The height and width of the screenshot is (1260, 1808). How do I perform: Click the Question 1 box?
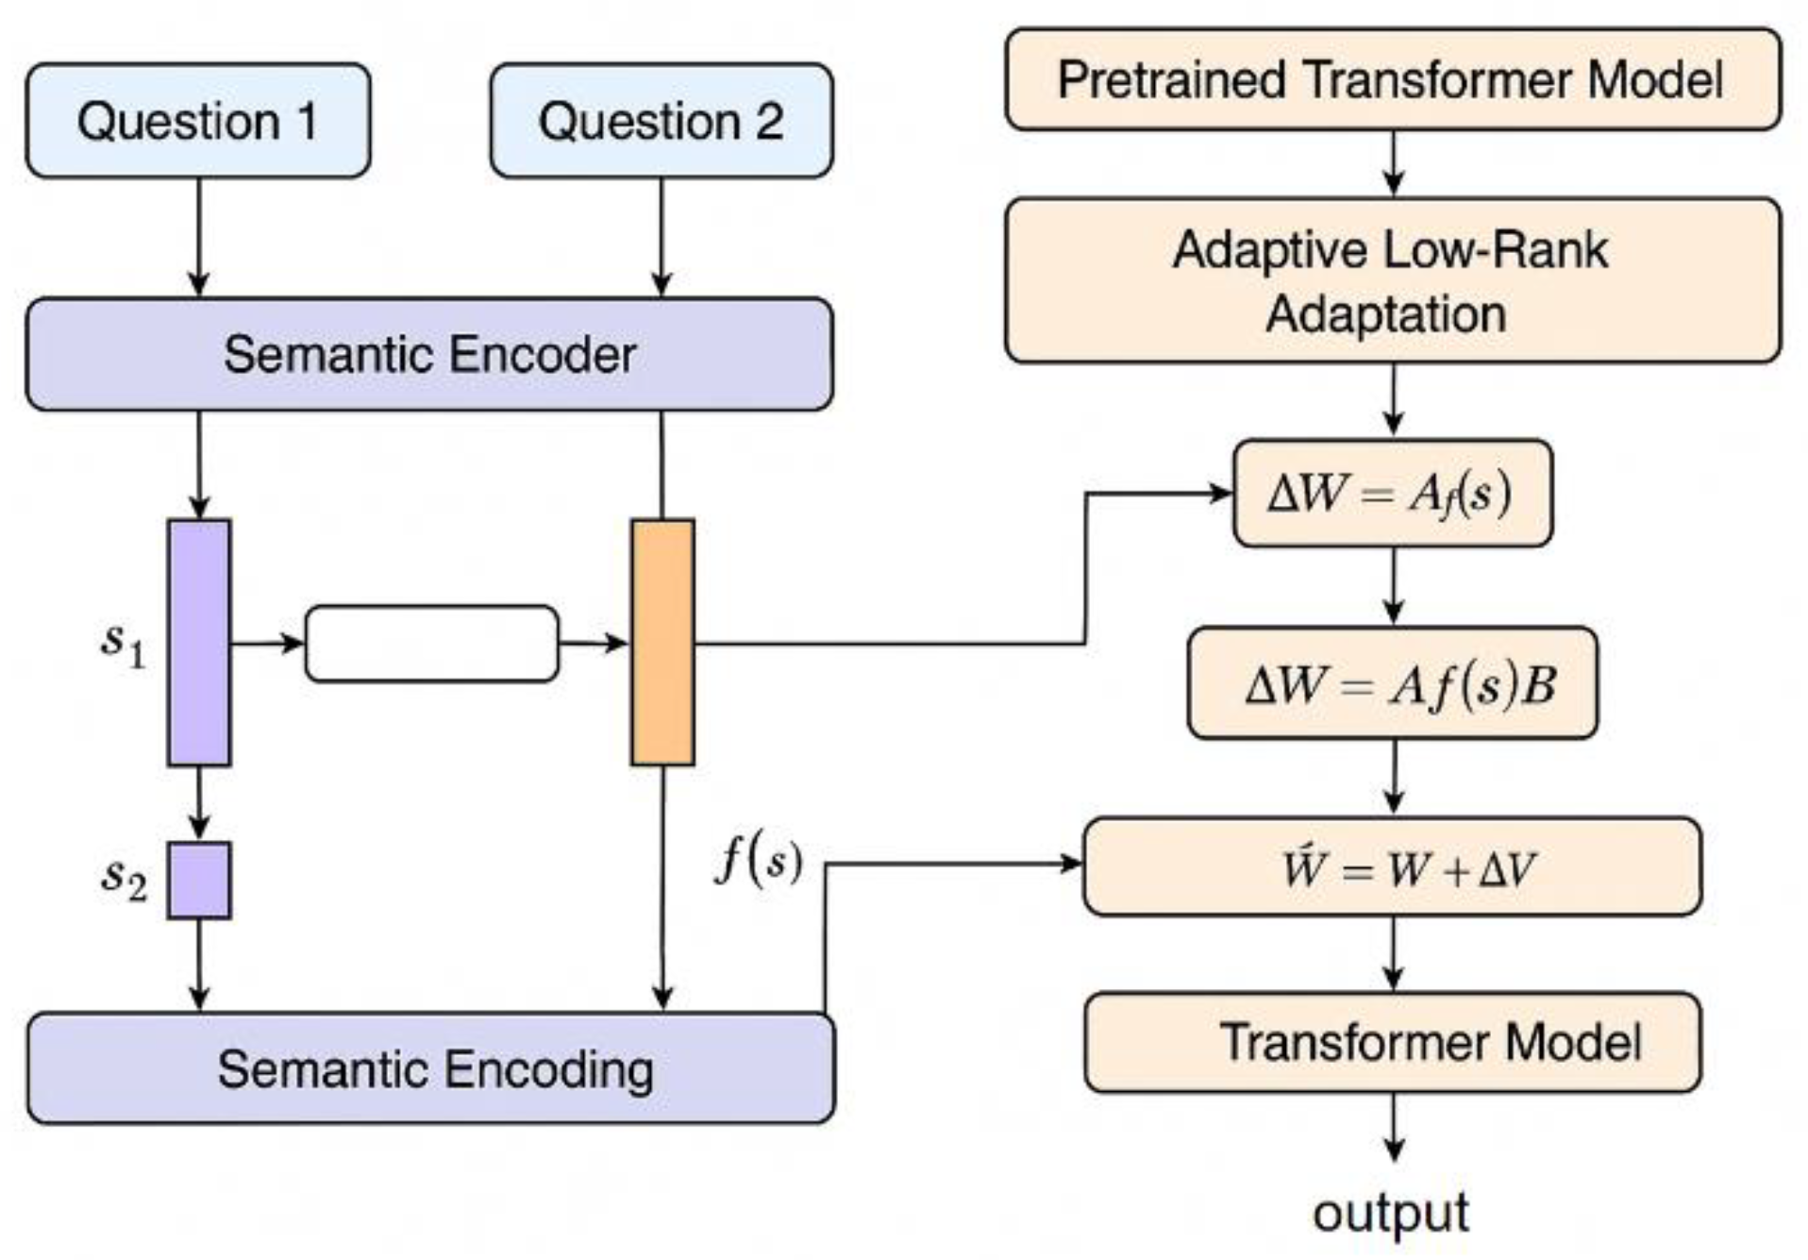[197, 121]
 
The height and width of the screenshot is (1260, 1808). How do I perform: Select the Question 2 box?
[661, 121]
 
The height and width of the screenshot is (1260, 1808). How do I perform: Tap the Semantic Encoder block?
[429, 354]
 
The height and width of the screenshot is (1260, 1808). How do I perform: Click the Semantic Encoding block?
[431, 1068]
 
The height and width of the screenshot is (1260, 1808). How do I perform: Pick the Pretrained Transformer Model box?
[1392, 79]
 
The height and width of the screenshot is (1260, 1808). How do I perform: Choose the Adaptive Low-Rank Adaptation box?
[1392, 280]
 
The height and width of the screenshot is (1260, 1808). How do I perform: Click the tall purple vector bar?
[199, 642]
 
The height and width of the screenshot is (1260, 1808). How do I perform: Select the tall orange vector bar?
[662, 642]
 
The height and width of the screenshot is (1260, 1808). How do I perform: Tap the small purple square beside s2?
[199, 880]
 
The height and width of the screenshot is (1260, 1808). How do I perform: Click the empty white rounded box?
[432, 644]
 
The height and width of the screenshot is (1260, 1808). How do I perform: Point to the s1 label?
[124, 644]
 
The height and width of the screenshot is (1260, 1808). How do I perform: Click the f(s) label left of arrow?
[759, 861]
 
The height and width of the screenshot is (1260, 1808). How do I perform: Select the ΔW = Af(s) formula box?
[1392, 493]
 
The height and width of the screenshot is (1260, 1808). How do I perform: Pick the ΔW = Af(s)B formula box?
[1392, 683]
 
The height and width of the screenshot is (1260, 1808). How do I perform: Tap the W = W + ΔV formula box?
[1392, 866]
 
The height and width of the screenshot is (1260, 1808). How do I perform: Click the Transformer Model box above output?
[1392, 1042]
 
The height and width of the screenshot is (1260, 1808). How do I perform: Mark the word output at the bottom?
[1390, 1213]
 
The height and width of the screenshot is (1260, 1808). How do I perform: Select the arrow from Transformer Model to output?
[1394, 1127]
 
